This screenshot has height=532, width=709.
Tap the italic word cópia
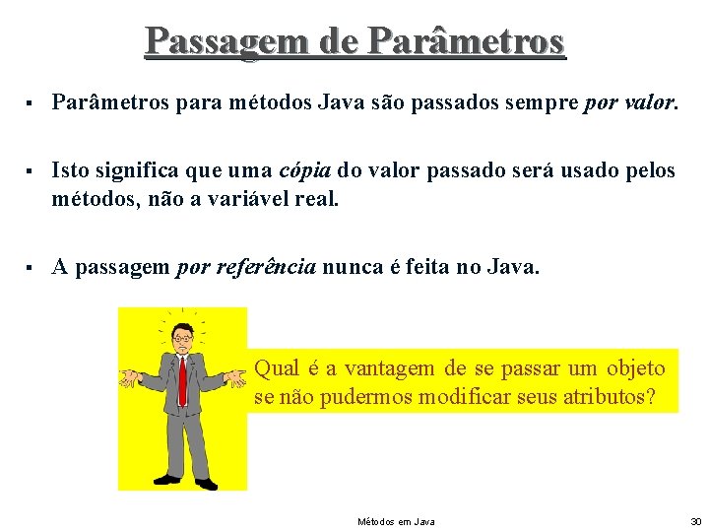coord(306,170)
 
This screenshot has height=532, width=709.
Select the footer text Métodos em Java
coord(396,521)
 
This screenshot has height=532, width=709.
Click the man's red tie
coord(182,379)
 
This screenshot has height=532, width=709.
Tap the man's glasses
coord(183,338)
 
